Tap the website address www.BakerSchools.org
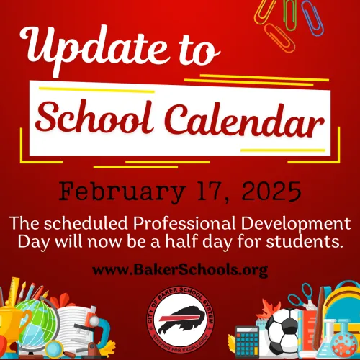[x=180, y=271]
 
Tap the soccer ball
[x=282, y=333]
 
